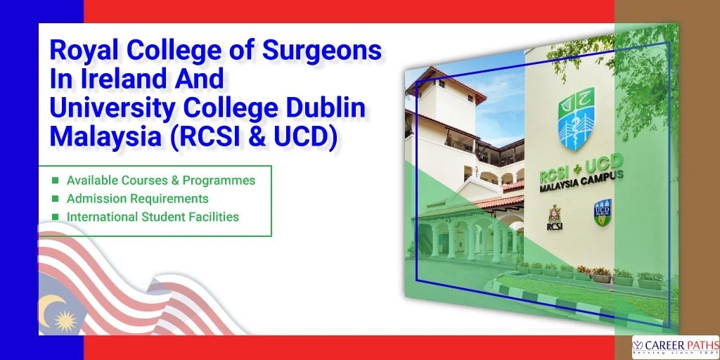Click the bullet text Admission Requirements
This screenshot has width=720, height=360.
point(137,198)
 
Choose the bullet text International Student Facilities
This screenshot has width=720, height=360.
point(153,217)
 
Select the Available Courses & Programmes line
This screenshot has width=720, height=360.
point(161,180)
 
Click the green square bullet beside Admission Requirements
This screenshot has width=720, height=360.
point(56,199)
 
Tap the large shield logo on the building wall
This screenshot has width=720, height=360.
point(576,118)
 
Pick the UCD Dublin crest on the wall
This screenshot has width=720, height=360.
point(602,212)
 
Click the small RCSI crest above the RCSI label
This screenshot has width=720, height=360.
point(554,212)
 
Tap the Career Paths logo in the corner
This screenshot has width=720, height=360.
point(675,346)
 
